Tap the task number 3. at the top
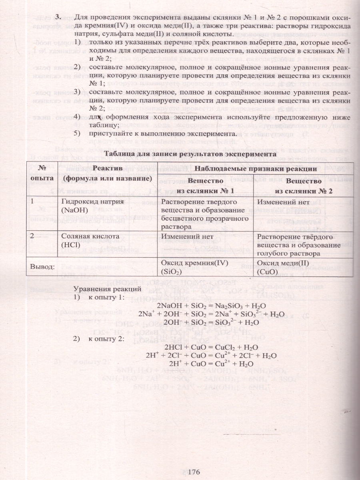pos(58,17)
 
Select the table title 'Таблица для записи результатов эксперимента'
pos(190,154)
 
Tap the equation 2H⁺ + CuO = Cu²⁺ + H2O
pos(212,364)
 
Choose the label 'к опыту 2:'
pos(106,339)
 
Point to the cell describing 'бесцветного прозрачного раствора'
pos(204,214)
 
